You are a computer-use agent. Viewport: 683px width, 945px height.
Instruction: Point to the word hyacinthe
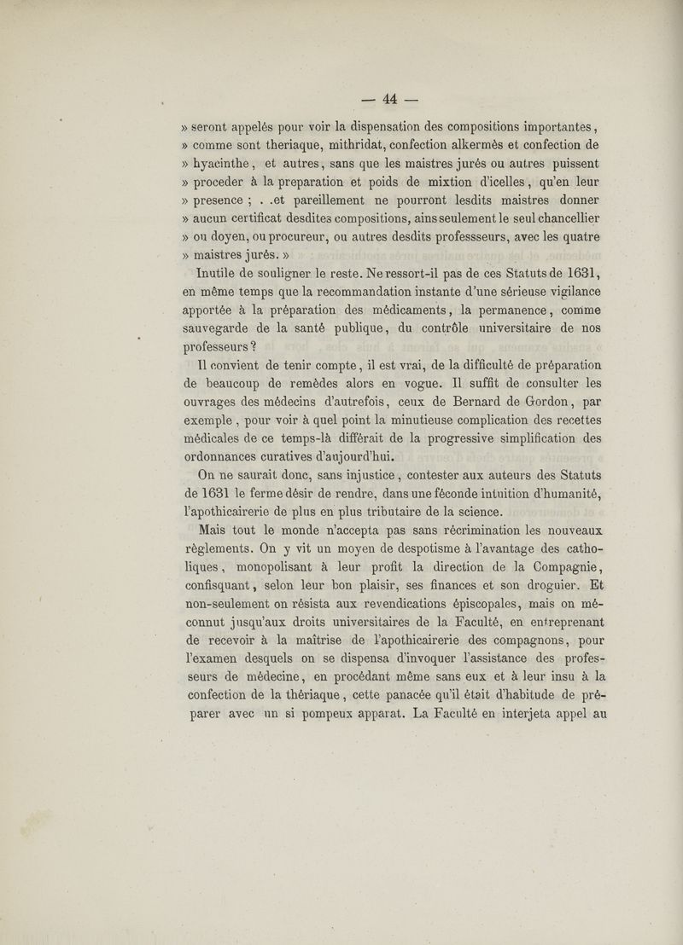pos(231,163)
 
